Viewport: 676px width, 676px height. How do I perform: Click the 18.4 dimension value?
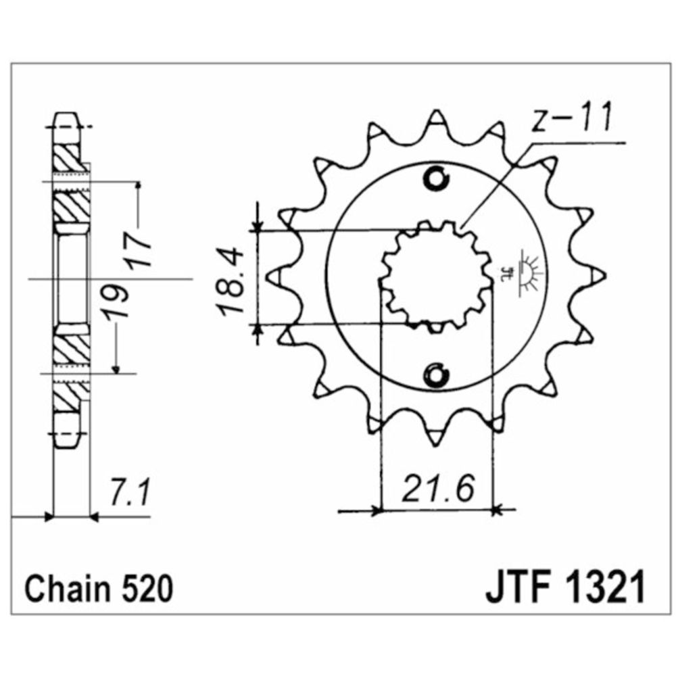231,281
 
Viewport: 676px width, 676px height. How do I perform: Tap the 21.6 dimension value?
438,489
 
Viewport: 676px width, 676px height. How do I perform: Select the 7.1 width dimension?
130,493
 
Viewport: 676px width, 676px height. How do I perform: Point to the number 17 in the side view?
139,250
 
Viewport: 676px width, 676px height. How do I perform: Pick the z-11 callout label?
571,117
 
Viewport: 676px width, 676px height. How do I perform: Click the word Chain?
69,589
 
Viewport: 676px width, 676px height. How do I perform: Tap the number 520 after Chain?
147,589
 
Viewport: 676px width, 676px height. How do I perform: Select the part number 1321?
604,587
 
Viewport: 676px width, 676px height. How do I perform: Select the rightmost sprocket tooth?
597,276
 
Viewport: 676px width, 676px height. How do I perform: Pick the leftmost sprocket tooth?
275,276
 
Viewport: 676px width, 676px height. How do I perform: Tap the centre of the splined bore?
436,276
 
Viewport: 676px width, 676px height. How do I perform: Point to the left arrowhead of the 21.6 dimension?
376,512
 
